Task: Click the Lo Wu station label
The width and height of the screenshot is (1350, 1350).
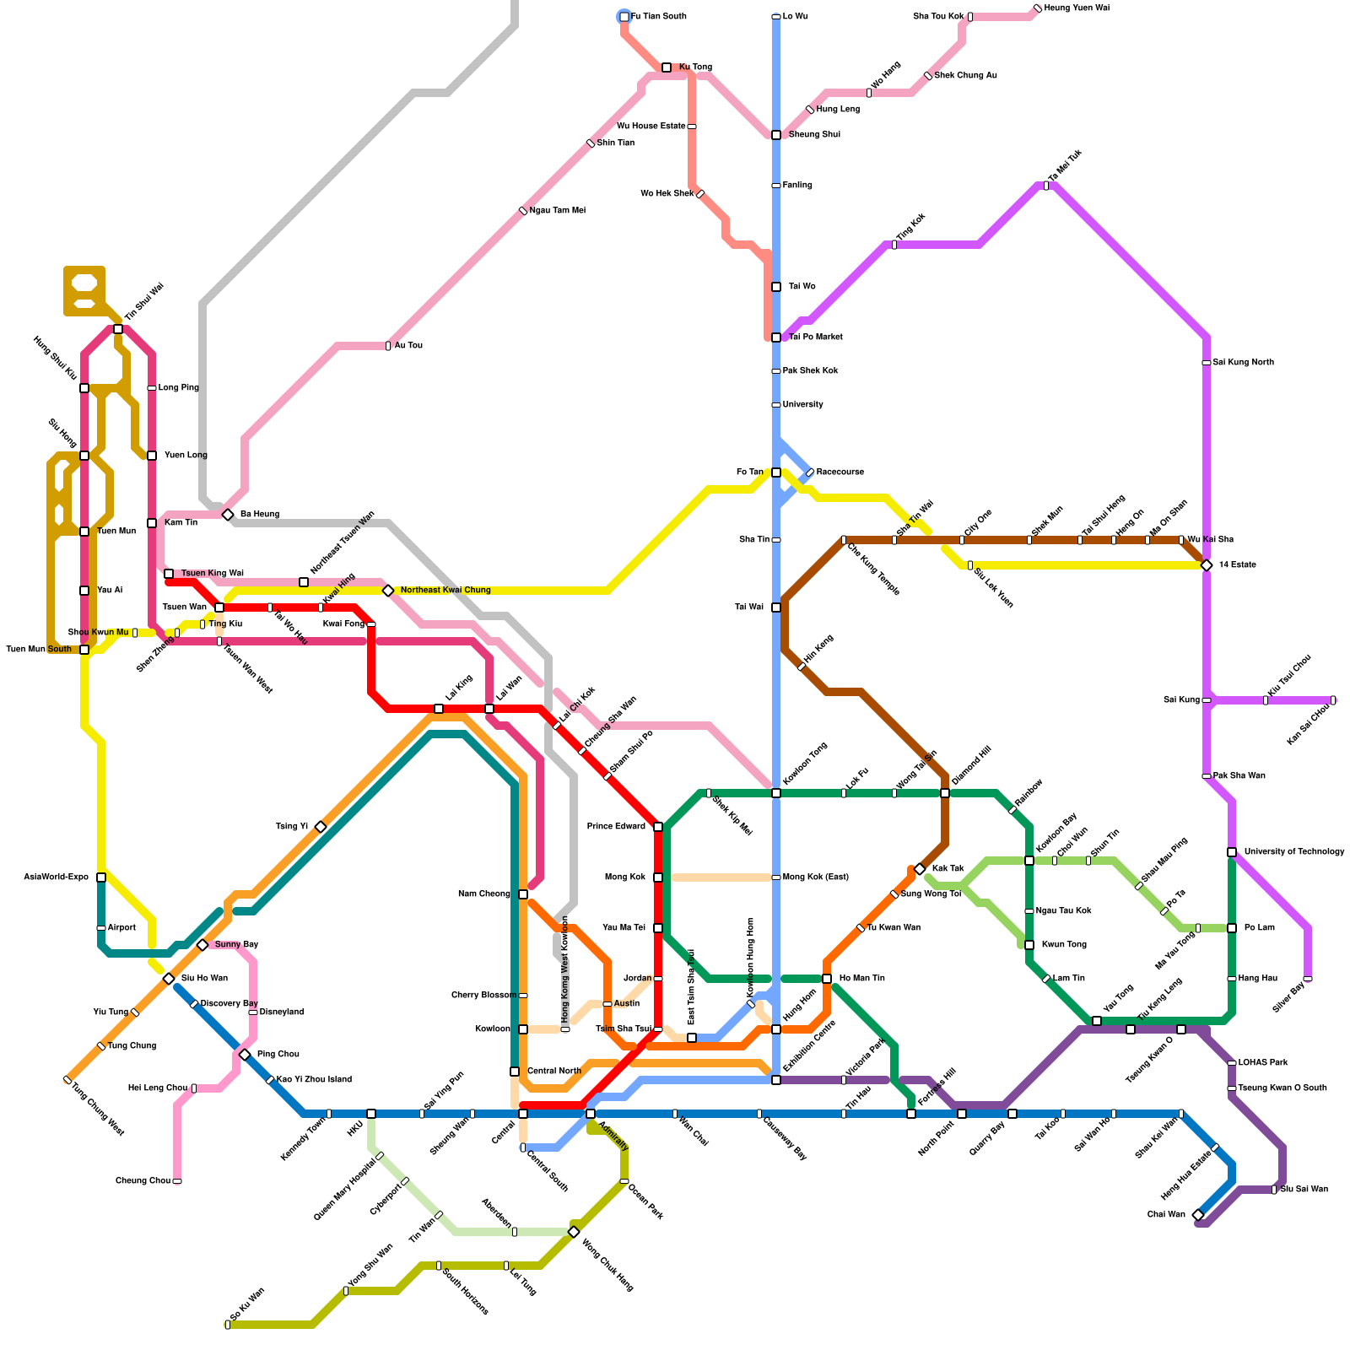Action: [795, 17]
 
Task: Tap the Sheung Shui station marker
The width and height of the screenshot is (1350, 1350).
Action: [776, 135]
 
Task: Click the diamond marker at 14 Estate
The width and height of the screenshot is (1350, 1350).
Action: [1207, 565]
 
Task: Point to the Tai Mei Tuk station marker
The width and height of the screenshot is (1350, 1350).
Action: [1046, 186]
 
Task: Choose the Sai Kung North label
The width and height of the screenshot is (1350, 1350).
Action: [1243, 363]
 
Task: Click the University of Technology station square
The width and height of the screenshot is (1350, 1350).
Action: [1232, 852]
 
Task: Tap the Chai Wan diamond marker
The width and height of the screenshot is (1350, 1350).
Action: [1198, 1215]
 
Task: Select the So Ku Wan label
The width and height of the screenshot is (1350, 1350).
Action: [247, 1304]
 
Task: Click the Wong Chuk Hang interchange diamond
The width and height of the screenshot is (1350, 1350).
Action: [574, 1232]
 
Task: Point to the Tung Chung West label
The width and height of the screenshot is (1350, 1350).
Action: [98, 1109]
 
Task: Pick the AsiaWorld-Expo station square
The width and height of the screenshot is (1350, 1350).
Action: [101, 877]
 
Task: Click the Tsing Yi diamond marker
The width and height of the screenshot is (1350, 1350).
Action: [321, 827]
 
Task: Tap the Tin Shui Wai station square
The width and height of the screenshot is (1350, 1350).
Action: [118, 329]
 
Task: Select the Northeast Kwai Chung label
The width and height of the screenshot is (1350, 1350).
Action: [445, 591]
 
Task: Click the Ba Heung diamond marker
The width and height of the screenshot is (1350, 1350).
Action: [228, 515]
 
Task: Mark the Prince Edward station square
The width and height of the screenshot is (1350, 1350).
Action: [658, 827]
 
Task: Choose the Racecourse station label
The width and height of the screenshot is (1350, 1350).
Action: [840, 472]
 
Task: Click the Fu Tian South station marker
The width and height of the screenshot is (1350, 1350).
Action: [624, 17]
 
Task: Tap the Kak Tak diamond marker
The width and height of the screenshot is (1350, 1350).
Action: [920, 869]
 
